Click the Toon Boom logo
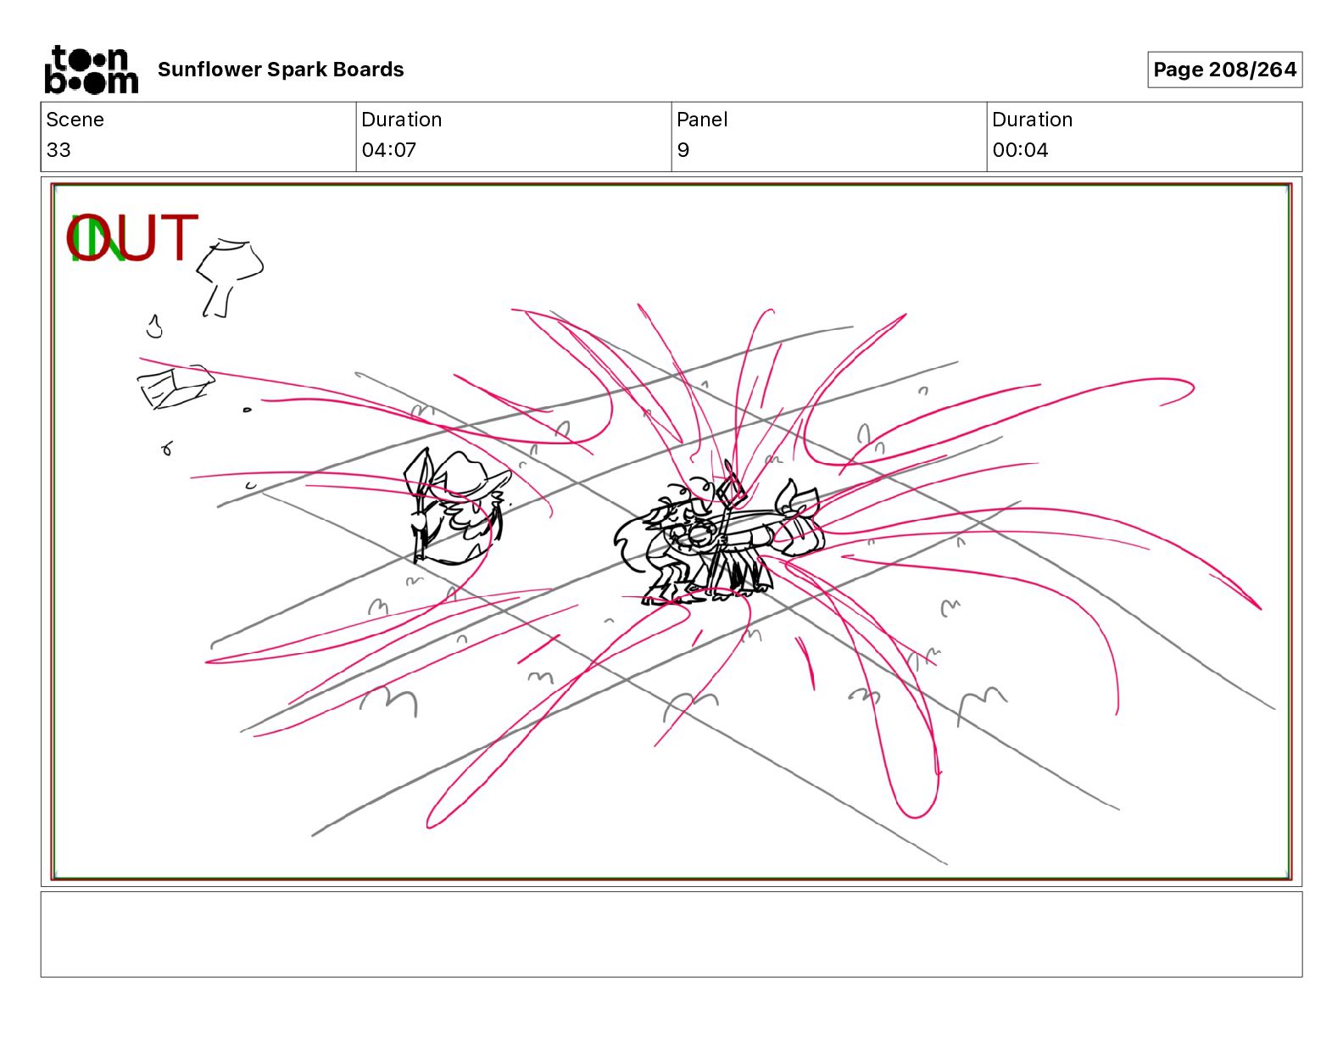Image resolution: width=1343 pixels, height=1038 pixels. pyautogui.click(x=92, y=70)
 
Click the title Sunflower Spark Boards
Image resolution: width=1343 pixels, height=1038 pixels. pyautogui.click(x=281, y=70)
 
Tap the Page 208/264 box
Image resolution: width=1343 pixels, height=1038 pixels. pyautogui.click(x=1224, y=70)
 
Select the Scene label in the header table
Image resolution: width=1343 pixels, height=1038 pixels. pyautogui.click(x=75, y=120)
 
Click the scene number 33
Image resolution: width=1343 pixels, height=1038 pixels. pyautogui.click(x=59, y=149)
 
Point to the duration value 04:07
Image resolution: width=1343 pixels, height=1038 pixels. pyautogui.click(x=389, y=149)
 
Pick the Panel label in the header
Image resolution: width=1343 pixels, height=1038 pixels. pyautogui.click(x=701, y=120)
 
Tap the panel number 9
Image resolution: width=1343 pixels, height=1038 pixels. pyautogui.click(x=683, y=149)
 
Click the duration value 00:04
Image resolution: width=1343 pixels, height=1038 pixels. pyautogui.click(x=1020, y=149)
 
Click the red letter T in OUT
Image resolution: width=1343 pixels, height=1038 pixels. pyautogui.click(x=178, y=237)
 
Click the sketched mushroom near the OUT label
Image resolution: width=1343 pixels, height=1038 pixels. pyautogui.click(x=229, y=277)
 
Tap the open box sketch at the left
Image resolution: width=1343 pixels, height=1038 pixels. pyautogui.click(x=176, y=387)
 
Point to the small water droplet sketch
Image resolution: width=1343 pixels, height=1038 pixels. pyautogui.click(x=154, y=326)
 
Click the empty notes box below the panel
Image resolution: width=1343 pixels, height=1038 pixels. pyautogui.click(x=671, y=935)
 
